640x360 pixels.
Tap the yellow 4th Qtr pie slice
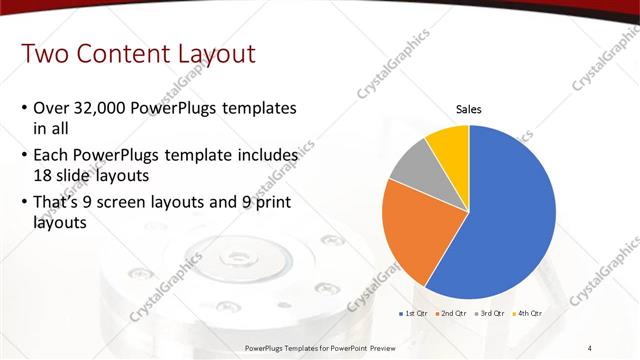[x=449, y=145]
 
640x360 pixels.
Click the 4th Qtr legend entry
[x=528, y=313]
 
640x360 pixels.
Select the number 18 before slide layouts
[x=43, y=174]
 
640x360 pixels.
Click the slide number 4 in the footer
[x=590, y=347]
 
